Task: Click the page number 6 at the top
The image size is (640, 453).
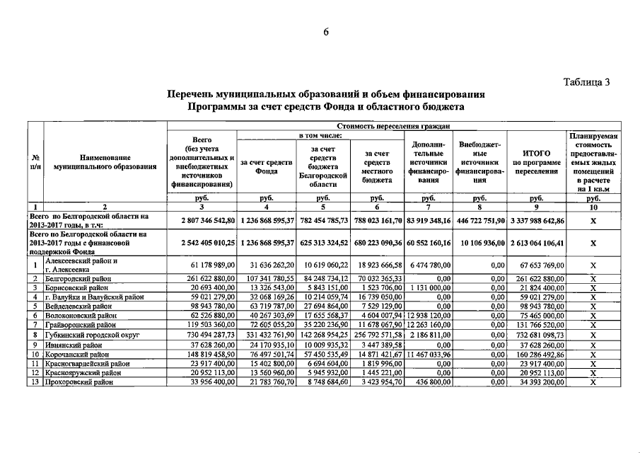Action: pos(326,32)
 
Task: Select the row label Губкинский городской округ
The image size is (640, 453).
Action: pos(89,333)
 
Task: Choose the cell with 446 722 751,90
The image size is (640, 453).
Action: pos(479,220)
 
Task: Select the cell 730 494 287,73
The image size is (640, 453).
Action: pos(204,333)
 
